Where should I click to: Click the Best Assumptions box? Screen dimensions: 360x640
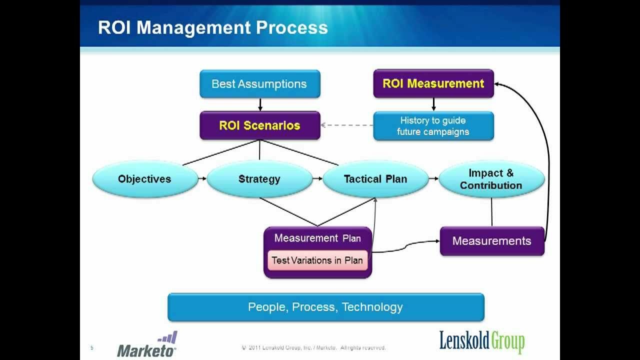(259, 84)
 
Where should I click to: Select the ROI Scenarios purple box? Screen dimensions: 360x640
(259, 125)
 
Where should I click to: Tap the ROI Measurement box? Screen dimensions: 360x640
(433, 83)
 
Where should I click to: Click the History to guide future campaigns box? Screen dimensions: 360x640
(433, 126)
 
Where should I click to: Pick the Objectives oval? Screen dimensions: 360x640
(144, 179)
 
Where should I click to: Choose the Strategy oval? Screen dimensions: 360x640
(259, 179)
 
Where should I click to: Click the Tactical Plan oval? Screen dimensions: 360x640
(375, 179)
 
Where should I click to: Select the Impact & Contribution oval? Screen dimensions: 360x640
(491, 179)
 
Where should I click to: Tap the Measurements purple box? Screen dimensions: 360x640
(491, 241)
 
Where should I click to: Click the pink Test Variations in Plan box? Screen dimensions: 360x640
(317, 260)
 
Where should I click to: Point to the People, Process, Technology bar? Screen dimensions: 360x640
(325, 307)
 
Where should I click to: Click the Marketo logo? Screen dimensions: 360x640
(147, 345)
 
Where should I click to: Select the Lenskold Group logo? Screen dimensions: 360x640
(482, 341)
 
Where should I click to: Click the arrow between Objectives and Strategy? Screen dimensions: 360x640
(202, 178)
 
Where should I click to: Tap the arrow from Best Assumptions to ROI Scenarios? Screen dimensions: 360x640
(259, 104)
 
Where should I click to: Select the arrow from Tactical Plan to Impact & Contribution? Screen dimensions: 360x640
(433, 178)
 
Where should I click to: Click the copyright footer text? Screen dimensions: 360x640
(313, 347)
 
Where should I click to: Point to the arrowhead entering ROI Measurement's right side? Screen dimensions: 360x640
(498, 84)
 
